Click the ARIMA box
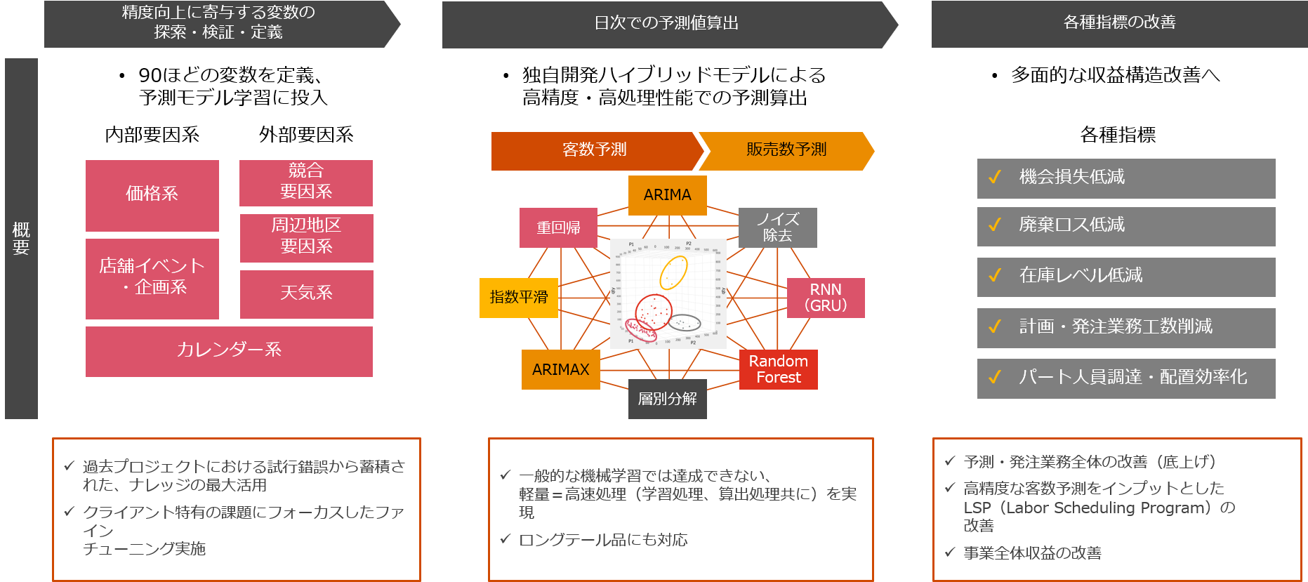click(x=667, y=195)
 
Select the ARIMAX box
click(x=560, y=369)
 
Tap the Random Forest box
click(x=778, y=369)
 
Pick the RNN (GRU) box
click(x=826, y=298)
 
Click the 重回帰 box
click(x=558, y=227)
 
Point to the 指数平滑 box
click(x=518, y=298)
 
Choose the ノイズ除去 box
click(x=777, y=227)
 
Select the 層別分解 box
click(x=667, y=399)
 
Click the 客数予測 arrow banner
click(x=594, y=150)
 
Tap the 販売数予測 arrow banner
click(x=786, y=150)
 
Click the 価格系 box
click(x=152, y=195)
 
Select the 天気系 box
click(x=306, y=293)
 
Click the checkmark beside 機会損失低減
click(x=994, y=178)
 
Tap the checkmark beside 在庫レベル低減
click(x=994, y=276)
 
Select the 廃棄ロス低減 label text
click(x=1071, y=225)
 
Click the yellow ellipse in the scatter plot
click(x=673, y=272)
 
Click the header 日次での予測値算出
click(x=666, y=24)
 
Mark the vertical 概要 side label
click(x=21, y=239)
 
